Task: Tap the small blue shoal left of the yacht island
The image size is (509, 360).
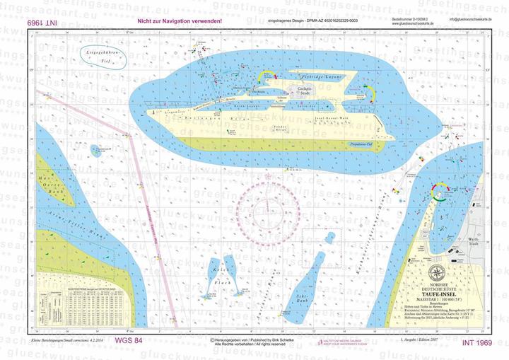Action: tap(95, 150)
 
